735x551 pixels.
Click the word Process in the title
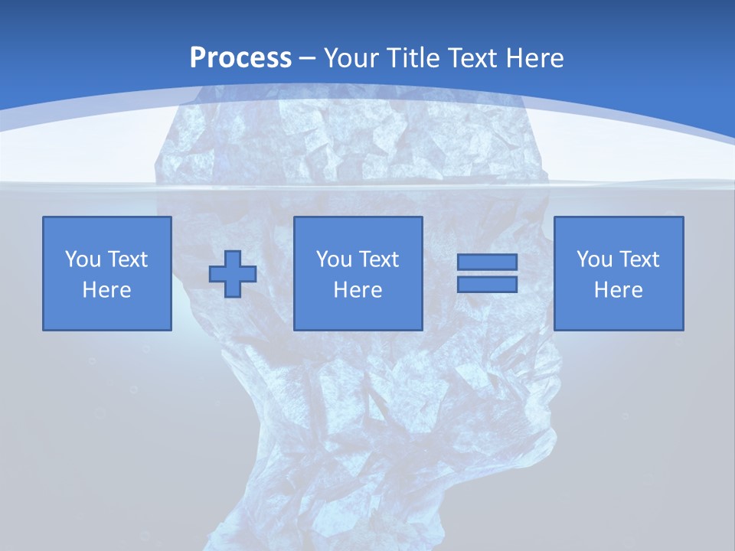pyautogui.click(x=240, y=58)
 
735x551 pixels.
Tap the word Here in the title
pyautogui.click(x=537, y=58)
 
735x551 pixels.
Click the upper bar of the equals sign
pyautogui.click(x=487, y=262)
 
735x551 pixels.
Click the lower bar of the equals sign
pyautogui.click(x=487, y=284)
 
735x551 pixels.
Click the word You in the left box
pyautogui.click(x=83, y=259)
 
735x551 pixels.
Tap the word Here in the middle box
pyautogui.click(x=358, y=290)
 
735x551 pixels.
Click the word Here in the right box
pyautogui.click(x=619, y=290)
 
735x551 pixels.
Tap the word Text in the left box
pyautogui.click(x=127, y=259)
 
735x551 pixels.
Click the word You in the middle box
pyautogui.click(x=334, y=259)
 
